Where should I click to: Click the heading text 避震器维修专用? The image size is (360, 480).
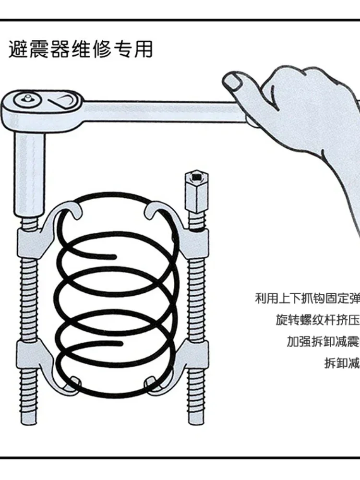click(81, 49)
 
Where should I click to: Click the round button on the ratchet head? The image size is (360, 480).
click(25, 100)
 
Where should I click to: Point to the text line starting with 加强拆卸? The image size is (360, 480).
click(323, 341)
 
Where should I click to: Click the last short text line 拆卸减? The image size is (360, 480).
click(342, 363)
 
